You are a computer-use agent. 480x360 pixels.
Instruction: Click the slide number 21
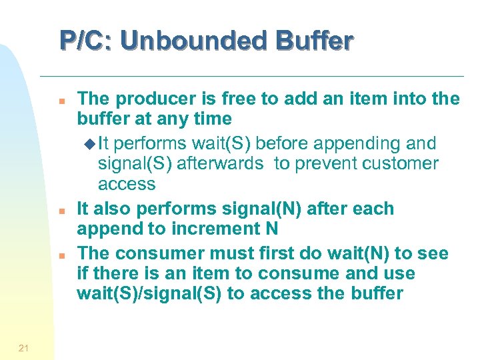pyautogui.click(x=23, y=347)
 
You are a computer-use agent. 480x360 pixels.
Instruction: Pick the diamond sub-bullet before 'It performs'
pyautogui.click(x=91, y=143)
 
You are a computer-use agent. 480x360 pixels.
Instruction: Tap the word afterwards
pyautogui.click(x=215, y=163)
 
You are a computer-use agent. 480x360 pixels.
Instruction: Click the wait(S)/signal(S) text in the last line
pyautogui.click(x=150, y=294)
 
